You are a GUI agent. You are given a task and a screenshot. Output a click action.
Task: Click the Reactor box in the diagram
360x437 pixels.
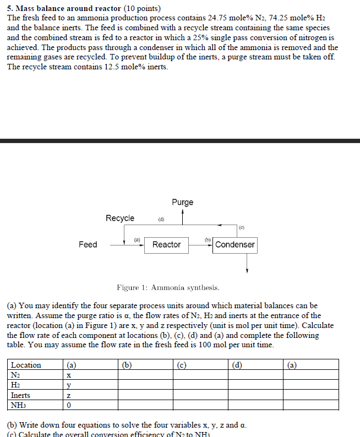[166, 244]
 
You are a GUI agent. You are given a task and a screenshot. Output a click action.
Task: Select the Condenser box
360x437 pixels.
[235, 244]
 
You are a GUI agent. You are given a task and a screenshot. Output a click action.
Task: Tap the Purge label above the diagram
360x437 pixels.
[182, 202]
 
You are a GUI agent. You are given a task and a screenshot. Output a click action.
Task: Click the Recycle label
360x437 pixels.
[120, 218]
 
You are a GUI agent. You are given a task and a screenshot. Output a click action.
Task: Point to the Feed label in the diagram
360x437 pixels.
[88, 244]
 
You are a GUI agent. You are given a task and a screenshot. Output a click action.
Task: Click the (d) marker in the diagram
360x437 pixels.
[161, 220]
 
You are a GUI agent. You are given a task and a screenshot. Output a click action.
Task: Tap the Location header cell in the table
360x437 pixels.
[26, 365]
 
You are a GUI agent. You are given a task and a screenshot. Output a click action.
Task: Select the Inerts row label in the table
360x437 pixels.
[21, 395]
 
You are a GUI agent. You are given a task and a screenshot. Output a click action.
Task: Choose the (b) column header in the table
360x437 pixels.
[127, 365]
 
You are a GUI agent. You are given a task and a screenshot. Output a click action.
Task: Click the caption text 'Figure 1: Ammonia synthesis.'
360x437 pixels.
[168, 287]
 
